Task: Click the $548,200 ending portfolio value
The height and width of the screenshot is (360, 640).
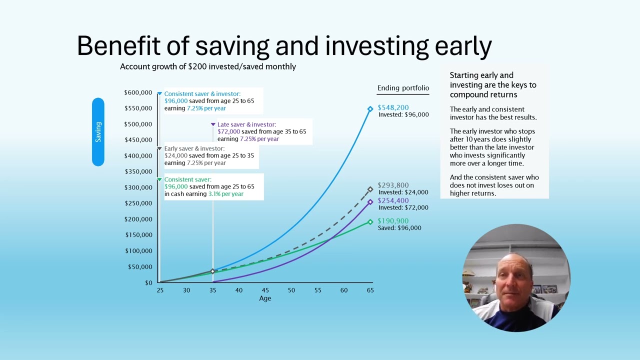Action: (393, 107)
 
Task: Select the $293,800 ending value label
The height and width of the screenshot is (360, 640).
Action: (393, 185)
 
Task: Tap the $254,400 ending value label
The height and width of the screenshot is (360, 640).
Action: (393, 200)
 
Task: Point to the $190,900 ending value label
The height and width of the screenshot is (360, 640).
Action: (393, 220)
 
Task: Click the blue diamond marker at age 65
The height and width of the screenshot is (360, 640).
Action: (370, 109)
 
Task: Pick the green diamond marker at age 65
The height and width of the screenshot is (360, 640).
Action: (370, 222)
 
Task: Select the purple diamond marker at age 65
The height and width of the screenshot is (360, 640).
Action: (370, 202)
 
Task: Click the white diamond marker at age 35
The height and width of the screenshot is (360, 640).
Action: (213, 271)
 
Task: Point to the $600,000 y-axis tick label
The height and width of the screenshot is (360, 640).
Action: (138, 92)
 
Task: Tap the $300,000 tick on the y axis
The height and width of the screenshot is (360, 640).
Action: (138, 187)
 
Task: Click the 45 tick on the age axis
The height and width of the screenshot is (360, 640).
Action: (265, 290)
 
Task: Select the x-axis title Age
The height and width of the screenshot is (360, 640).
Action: (265, 298)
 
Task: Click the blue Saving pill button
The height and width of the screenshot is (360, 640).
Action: (98, 132)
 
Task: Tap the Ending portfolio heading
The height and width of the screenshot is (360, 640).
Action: (403, 88)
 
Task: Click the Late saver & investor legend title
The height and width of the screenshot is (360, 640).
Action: (246, 124)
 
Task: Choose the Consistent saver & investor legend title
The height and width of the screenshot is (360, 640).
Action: (202, 94)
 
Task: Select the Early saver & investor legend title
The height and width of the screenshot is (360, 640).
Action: (194, 148)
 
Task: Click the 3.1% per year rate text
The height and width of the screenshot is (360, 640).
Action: (225, 194)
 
